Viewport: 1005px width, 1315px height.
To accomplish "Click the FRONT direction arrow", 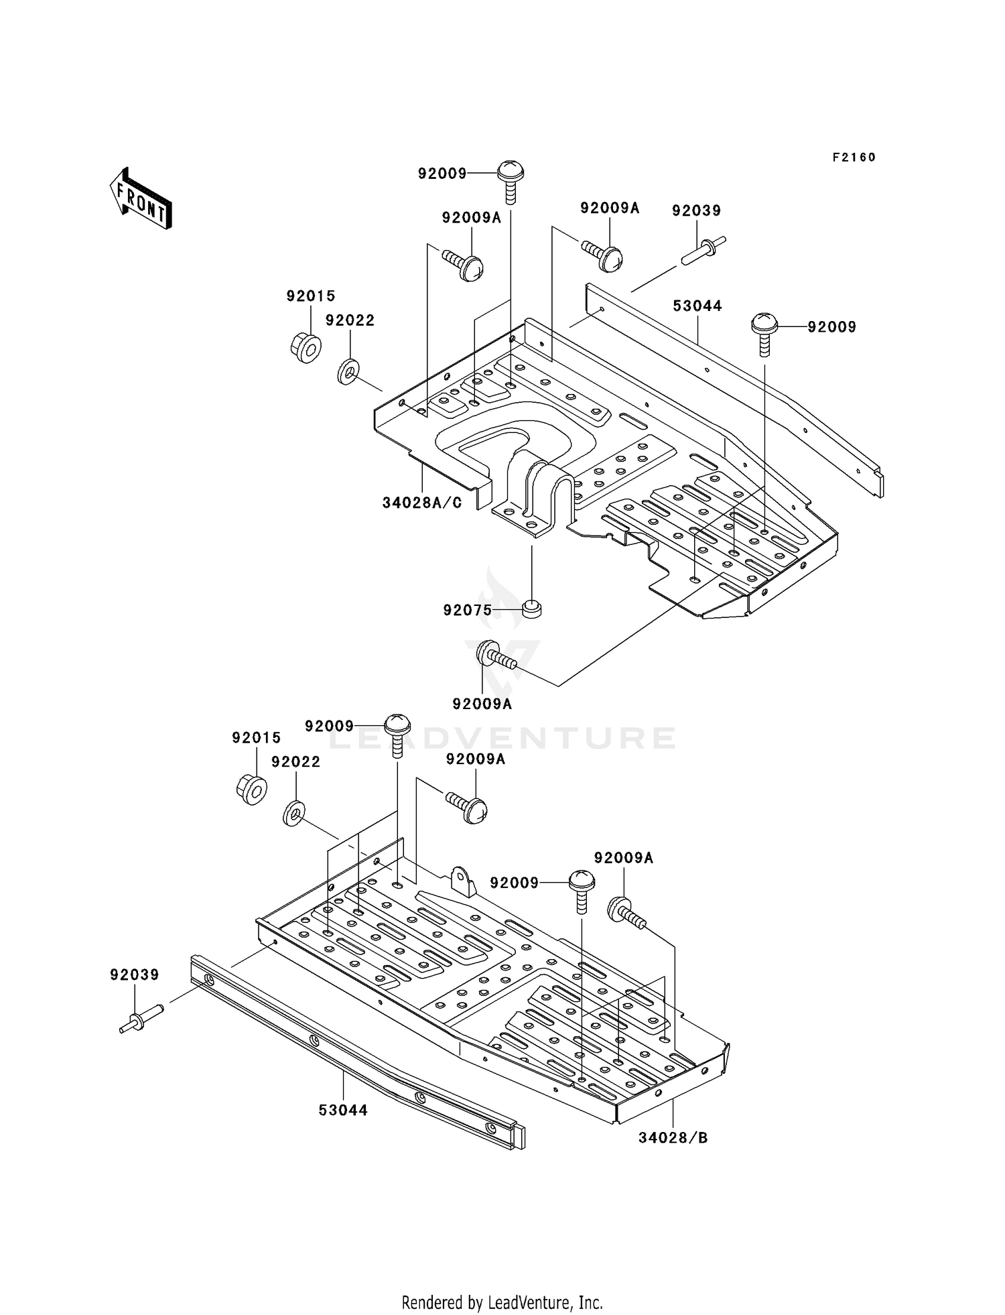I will click(141, 200).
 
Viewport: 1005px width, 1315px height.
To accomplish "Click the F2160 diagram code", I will click(854, 158).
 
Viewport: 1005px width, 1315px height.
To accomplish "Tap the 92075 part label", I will click(467, 610).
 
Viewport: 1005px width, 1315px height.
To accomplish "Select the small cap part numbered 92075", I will click(531, 609).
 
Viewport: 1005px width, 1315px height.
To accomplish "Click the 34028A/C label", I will click(422, 503).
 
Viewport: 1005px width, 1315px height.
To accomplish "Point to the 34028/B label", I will click(673, 1137).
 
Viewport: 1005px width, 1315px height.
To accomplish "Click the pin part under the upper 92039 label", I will click(703, 250).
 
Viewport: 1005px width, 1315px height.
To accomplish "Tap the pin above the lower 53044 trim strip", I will click(141, 1021).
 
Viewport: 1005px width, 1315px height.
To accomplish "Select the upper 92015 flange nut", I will click(306, 347).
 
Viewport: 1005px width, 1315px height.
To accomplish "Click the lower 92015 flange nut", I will click(252, 789).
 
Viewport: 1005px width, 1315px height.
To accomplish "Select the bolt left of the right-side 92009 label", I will click(764, 333).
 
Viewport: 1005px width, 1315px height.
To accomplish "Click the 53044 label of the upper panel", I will click(697, 306).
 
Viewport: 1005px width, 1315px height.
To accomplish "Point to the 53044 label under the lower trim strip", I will click(343, 1110).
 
